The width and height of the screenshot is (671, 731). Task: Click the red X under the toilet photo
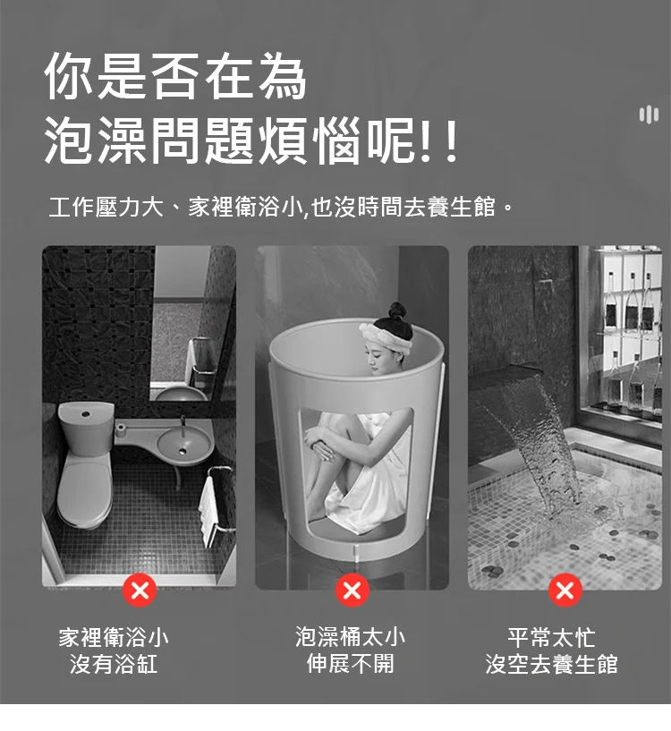(139, 591)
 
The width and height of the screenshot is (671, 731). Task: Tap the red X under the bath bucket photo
(352, 591)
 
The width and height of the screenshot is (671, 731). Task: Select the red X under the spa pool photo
(565, 591)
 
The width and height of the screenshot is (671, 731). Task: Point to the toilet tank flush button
(85, 413)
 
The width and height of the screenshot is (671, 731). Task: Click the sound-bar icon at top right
(649, 115)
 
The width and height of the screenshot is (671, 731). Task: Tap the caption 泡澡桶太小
(350, 637)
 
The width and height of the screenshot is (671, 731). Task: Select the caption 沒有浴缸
(114, 664)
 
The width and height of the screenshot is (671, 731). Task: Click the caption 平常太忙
(551, 637)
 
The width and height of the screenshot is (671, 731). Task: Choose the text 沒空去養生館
(551, 664)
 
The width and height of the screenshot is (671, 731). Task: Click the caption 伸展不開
(350, 664)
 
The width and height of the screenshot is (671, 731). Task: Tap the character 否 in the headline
(175, 76)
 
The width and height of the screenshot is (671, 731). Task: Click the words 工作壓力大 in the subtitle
(106, 207)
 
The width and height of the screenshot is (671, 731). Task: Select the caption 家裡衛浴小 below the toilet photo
(114, 637)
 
